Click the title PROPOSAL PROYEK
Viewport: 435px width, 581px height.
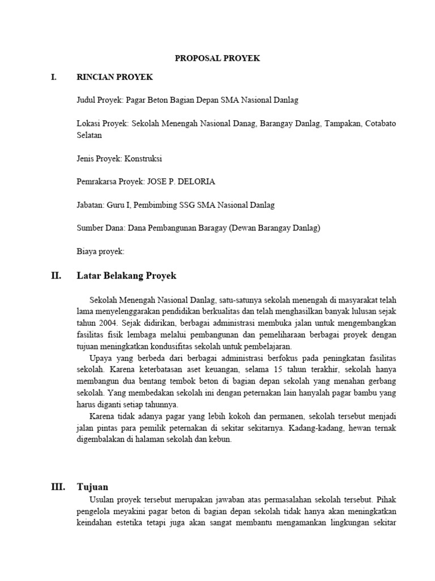point(217,58)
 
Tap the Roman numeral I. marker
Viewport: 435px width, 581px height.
point(54,77)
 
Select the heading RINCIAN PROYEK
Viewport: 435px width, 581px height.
point(115,77)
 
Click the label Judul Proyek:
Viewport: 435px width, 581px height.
point(100,100)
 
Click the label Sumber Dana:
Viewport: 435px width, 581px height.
point(101,228)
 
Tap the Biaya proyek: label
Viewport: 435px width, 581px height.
point(100,250)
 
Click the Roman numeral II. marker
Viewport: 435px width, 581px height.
point(56,276)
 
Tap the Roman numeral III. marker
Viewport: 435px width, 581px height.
point(58,487)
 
